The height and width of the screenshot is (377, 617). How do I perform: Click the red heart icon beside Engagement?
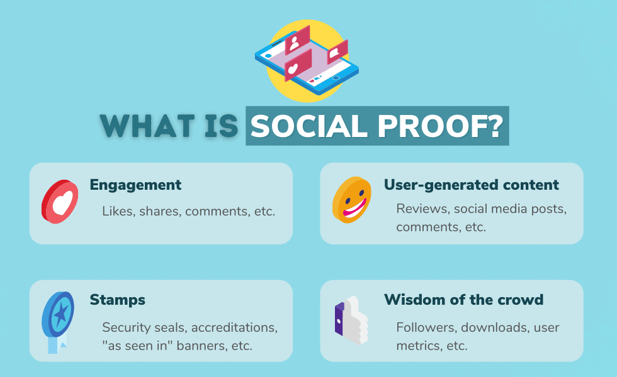pos(60,202)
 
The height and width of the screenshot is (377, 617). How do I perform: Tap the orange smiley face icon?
pos(351,200)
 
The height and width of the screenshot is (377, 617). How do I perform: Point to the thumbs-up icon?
pos(351,320)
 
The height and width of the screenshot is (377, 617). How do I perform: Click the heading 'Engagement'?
pos(135,185)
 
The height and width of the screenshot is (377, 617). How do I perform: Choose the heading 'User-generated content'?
pos(472,185)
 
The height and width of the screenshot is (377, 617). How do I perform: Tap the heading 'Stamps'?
pos(117,300)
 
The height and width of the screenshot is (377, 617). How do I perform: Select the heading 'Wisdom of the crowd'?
pos(464,300)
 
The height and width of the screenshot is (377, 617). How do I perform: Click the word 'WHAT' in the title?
pos(147,126)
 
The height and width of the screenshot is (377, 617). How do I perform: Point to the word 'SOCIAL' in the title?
pos(309,126)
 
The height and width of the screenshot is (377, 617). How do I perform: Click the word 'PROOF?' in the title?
pos(440,126)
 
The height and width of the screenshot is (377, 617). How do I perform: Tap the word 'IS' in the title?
pos(221,126)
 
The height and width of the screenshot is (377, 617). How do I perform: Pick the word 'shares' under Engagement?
pos(160,211)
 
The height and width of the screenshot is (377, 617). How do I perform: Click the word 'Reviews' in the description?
pos(422,209)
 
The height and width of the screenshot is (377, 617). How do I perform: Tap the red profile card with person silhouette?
pos(297,40)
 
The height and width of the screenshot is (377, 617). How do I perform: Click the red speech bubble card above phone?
pos(337,52)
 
